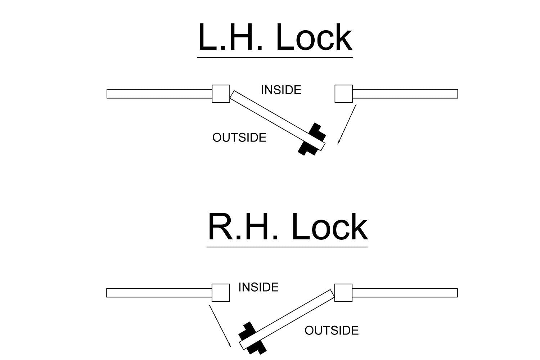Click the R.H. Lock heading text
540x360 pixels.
tap(288, 227)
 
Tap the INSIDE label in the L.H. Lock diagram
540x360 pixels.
tap(281, 90)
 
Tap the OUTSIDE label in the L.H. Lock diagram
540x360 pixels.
tap(239, 138)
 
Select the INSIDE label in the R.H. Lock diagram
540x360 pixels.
tap(258, 287)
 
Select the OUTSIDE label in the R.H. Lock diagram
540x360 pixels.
tap(332, 330)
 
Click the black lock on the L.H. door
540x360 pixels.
tap(312, 139)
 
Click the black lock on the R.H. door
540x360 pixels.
tap(252, 338)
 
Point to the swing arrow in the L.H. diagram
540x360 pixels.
tap(347, 124)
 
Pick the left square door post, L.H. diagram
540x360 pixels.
tap(221, 94)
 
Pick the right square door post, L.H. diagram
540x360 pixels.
tap(344, 94)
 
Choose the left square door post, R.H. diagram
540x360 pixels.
tap(221, 293)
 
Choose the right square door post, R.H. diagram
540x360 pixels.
tap(343, 293)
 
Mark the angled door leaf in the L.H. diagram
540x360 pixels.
tap(278, 121)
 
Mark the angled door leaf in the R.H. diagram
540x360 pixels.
tap(287, 319)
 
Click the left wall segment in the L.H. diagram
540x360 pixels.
tap(159, 94)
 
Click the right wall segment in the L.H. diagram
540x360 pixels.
tap(405, 94)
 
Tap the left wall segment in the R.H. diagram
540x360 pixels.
tap(159, 293)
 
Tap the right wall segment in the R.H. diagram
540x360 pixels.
tap(405, 293)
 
